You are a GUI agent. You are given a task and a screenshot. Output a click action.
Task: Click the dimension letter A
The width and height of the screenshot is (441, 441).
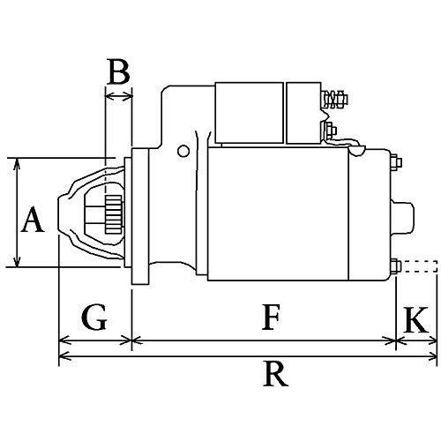[x=33, y=220]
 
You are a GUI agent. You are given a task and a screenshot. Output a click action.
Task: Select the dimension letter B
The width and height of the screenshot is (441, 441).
[x=118, y=71]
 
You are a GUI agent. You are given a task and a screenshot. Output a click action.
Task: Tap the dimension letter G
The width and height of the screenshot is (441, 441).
[x=93, y=318]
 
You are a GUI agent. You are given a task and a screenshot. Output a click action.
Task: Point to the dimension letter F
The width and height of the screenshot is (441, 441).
[x=271, y=318]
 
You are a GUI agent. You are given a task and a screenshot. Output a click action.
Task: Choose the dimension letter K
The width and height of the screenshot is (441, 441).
[x=415, y=319]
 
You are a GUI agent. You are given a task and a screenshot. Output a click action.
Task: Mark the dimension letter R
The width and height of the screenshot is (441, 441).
[x=275, y=374]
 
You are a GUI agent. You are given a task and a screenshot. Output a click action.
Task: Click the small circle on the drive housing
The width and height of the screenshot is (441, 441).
[x=183, y=151]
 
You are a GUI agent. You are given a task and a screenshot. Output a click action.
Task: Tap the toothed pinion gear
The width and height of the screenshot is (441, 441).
[x=114, y=214]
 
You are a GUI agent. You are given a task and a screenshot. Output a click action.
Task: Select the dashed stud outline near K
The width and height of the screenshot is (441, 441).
[x=419, y=266]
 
